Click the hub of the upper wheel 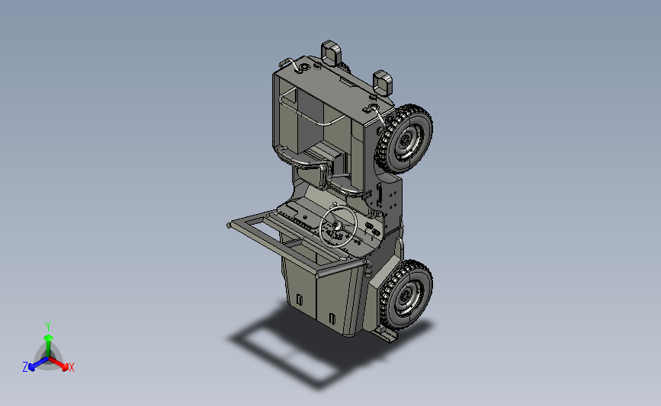tap(406, 140)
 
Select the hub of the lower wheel tap(406, 297)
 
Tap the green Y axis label tap(48, 327)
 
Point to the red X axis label tap(71, 367)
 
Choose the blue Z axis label tap(25, 367)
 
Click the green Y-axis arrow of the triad tap(48, 345)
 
